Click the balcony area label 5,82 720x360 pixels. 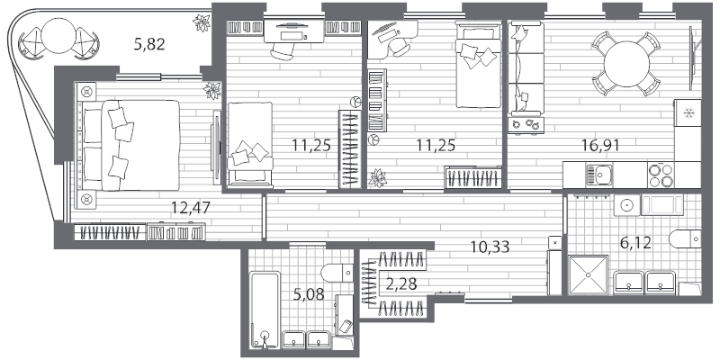pos(149,44)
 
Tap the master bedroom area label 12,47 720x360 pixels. pos(191,208)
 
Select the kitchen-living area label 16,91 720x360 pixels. pos(600,146)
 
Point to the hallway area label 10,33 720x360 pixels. pos(490,247)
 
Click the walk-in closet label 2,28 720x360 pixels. pos(401,284)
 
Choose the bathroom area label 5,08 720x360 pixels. pos(309,294)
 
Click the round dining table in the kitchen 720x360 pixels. pos(626,63)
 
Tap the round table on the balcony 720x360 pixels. pos(58,37)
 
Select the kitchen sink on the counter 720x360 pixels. pos(598,175)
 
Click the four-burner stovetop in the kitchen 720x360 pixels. pos(661,175)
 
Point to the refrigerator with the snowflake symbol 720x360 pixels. pos(688,113)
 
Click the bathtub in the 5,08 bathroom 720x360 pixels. pos(265,310)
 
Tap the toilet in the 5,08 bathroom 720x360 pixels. pos(337,273)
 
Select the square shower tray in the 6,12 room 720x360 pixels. pos(589,275)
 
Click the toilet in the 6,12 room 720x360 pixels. pos(685,238)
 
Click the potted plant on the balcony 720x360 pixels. pos(202,23)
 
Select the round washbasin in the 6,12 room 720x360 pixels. pos(627,204)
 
